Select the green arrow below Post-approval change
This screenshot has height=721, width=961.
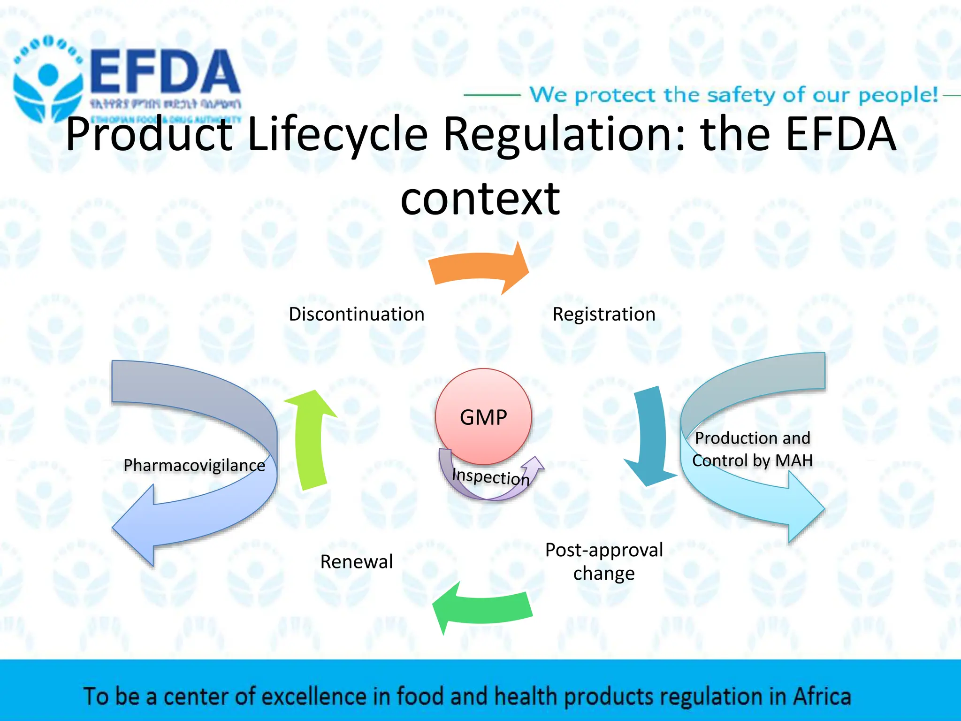[x=483, y=608]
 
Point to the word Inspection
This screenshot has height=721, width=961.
[x=490, y=476]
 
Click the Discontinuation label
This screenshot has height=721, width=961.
[x=357, y=314]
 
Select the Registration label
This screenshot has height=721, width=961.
[x=604, y=314]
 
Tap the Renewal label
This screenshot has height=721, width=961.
[x=357, y=561]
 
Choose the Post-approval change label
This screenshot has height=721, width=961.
[x=604, y=561]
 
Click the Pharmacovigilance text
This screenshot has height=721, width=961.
[x=194, y=465]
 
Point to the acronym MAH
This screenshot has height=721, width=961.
[x=794, y=460]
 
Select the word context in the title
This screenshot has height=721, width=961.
[x=480, y=199]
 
